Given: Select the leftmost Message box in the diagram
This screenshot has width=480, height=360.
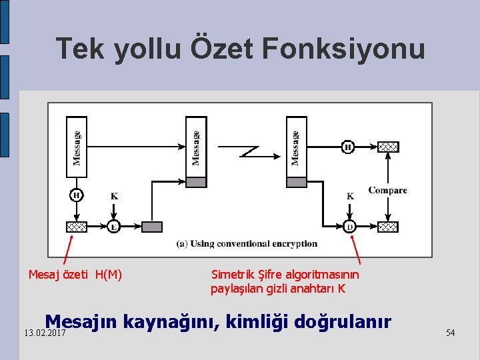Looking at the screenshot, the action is coord(77,147).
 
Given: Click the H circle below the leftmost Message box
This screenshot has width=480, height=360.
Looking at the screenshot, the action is coord(77,195).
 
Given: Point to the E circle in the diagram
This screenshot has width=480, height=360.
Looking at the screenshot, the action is coord(115,227).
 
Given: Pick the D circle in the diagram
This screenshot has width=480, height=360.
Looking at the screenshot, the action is coord(350,227).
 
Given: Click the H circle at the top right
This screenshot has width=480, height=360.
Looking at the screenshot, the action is coord(348,147).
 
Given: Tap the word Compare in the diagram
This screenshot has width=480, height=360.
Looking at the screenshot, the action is coord(387,191).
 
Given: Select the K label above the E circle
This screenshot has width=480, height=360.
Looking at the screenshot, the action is coord(115,196).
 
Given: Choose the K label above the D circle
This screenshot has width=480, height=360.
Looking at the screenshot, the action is coord(350,196).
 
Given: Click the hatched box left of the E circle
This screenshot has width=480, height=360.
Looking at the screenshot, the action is coord(77,227).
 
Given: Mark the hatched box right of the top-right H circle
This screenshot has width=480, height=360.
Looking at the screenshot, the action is coord(388,147).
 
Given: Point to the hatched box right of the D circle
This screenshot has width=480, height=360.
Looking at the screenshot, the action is coord(388,227).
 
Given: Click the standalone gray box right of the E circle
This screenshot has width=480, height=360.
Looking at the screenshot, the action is coord(152,227).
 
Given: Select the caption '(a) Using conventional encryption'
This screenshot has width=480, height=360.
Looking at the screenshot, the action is coord(247,244).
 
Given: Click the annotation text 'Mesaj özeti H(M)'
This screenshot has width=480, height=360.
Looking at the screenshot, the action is coord(75,274).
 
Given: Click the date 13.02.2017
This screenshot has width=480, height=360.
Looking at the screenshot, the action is coord(44,333).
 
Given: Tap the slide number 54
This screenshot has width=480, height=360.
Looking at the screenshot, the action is coord(451,332).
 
